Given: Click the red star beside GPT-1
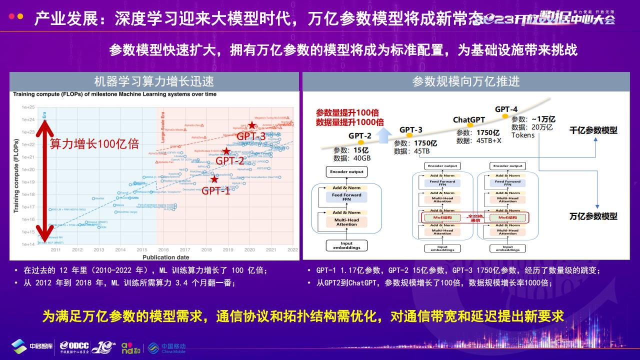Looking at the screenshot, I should [214, 179].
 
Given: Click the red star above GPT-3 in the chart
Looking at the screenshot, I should [252, 125].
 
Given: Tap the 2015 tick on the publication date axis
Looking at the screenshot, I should [142, 249].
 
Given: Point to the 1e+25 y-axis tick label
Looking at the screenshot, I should [27, 107].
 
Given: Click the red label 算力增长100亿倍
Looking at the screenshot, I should [94, 144].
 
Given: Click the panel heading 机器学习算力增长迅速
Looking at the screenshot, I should [154, 81].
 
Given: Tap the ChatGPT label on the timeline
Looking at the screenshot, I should [469, 120].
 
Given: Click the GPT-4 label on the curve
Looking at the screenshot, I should [506, 109].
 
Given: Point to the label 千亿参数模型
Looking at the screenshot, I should [593, 130].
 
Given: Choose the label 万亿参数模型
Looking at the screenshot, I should [593, 216].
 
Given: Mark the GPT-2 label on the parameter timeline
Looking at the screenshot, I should [360, 135].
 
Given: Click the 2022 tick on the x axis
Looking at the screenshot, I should [292, 249].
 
